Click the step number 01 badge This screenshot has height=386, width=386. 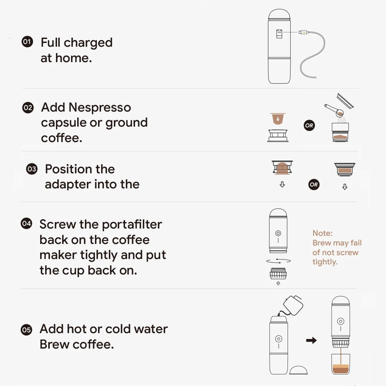coord(27,42)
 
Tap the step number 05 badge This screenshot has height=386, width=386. coord(26,330)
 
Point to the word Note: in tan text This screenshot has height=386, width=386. coord(322,233)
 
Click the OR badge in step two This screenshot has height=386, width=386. coord(309,125)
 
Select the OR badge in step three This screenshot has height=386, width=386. coord(314,185)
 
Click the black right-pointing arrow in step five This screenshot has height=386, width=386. coord(311,340)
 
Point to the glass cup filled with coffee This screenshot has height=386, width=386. coord(341,364)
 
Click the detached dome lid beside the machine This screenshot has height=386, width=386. coord(299,369)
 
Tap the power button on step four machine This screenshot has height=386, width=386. coord(278,233)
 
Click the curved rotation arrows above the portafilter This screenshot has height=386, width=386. coord(278,261)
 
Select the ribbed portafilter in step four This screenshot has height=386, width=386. coord(278,274)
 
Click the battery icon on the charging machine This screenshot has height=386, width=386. coord(279,34)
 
